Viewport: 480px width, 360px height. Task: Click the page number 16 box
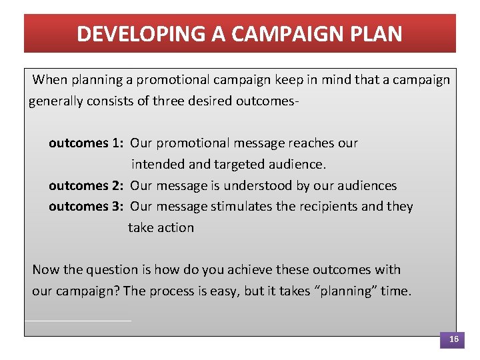(454, 339)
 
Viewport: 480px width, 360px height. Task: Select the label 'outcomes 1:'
(86, 143)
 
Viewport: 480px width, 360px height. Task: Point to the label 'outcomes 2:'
(86, 186)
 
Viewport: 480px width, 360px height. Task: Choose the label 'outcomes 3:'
(86, 207)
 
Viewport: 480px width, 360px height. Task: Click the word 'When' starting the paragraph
(49, 80)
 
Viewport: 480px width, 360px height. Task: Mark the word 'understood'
(253, 186)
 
